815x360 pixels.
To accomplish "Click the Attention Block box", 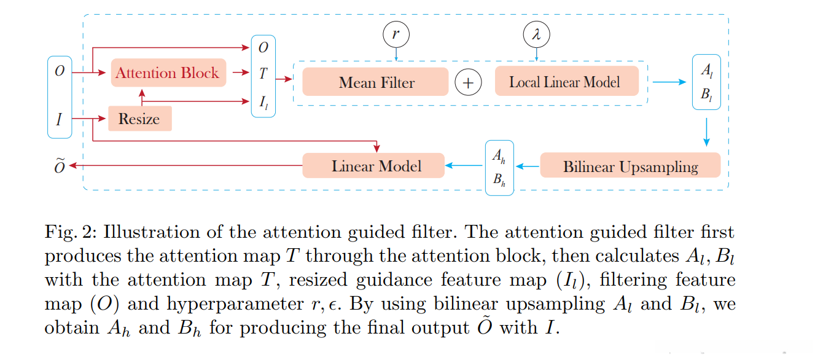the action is (168, 73).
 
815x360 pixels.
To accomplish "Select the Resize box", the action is (140, 119).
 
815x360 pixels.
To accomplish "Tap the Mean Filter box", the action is (375, 82).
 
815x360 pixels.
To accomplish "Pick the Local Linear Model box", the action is (567, 81).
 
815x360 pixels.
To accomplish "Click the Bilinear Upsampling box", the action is (630, 165).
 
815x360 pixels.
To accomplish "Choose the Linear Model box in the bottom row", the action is (373, 166).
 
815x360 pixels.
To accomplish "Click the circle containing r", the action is (396, 34).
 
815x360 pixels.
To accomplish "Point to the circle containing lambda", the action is (536, 34).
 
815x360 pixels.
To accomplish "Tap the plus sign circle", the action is (468, 82).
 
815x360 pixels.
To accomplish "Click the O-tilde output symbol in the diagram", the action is (60, 166).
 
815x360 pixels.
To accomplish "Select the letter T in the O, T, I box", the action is (263, 74).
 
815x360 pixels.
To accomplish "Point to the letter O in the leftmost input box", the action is (60, 71).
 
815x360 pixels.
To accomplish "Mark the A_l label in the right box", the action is (707, 70).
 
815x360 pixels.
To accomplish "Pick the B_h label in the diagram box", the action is (499, 179).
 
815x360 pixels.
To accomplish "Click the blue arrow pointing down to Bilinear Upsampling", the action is (706, 132).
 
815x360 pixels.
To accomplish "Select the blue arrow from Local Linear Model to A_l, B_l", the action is (669, 82).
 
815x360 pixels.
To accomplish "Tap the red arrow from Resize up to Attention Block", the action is (142, 98).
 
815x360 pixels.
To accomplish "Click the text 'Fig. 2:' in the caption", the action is (71, 232).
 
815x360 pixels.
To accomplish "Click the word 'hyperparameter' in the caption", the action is (235, 304).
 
